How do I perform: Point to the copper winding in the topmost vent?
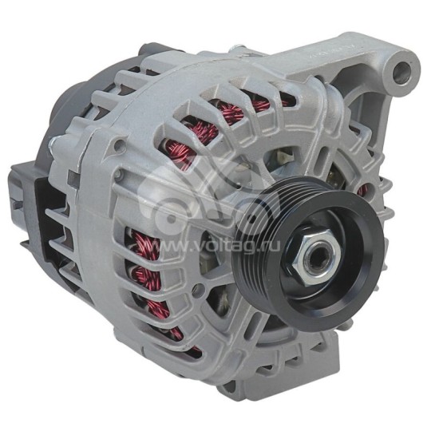[x=239, y=110]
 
